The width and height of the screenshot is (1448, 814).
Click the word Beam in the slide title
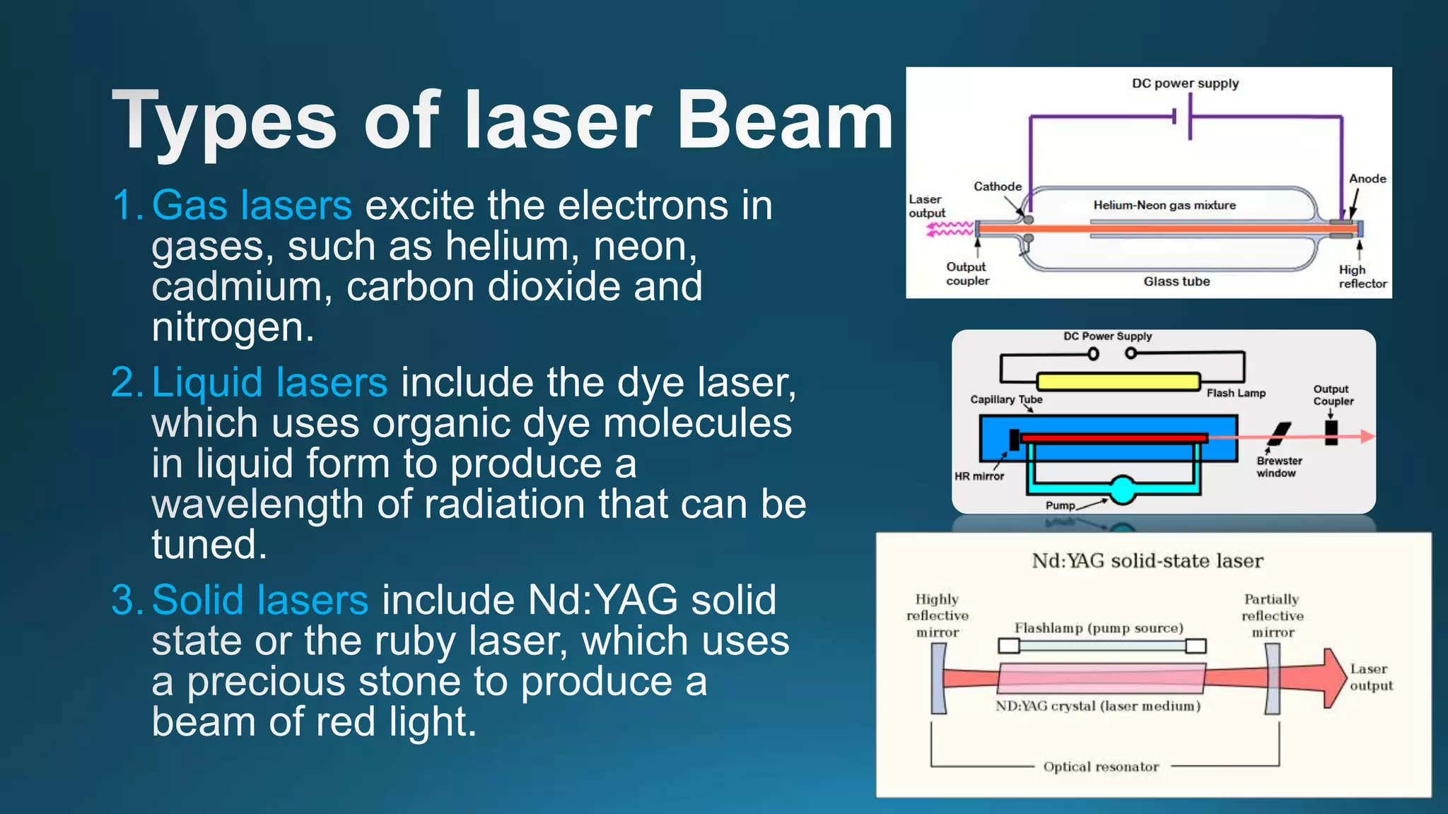(785, 122)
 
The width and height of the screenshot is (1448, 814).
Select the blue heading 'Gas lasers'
(252, 206)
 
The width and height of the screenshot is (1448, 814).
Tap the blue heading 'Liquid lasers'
(269, 382)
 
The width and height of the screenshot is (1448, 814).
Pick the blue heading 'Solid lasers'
(260, 600)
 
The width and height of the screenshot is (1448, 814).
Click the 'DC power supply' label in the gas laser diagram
(1185, 83)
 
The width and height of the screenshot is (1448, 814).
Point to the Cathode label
(998, 187)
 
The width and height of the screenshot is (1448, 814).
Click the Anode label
(1367, 179)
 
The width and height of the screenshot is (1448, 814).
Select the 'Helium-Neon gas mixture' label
(1164, 206)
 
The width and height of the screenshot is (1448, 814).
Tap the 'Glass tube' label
(1176, 281)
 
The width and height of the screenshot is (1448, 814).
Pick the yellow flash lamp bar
(1119, 382)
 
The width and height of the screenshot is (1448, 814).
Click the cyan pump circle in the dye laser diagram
(1122, 490)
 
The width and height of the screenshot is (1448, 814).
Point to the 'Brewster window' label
(1278, 467)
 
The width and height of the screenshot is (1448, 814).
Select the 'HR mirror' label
(979, 476)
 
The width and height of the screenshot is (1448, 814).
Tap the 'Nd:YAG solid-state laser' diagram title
(1147, 561)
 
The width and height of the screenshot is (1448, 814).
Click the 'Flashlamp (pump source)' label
(1099, 628)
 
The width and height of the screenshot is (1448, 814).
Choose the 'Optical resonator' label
(1101, 767)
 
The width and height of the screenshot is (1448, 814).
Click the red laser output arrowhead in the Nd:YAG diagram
(1333, 678)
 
